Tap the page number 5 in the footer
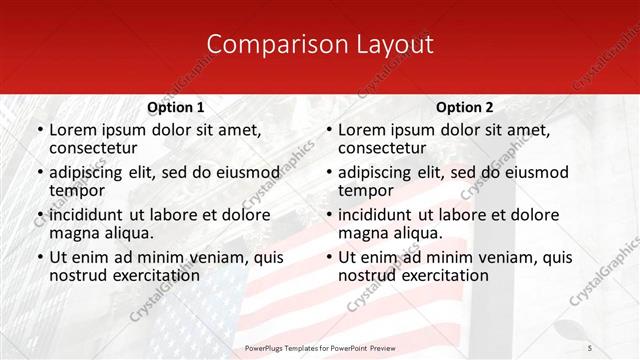pyautogui.click(x=590, y=347)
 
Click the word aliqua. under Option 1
pyautogui.click(x=130, y=233)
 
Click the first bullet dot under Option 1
pyautogui.click(x=39, y=130)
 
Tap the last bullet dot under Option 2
pyautogui.click(x=328, y=257)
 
